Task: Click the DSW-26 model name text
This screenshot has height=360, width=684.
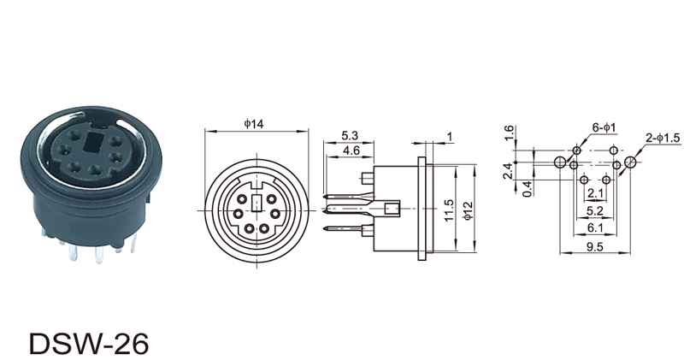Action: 89,344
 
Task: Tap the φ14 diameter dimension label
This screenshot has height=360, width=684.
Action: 254,124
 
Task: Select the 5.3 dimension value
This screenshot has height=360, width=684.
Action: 350,136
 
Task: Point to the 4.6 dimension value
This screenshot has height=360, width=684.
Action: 351,150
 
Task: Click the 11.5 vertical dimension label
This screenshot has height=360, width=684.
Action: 449,210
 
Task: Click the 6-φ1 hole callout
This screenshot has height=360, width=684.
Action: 604,127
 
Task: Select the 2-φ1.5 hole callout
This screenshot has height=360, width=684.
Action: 663,139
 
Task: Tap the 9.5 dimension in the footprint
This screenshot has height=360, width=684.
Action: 594,247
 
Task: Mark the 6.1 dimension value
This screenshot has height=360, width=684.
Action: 595,227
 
